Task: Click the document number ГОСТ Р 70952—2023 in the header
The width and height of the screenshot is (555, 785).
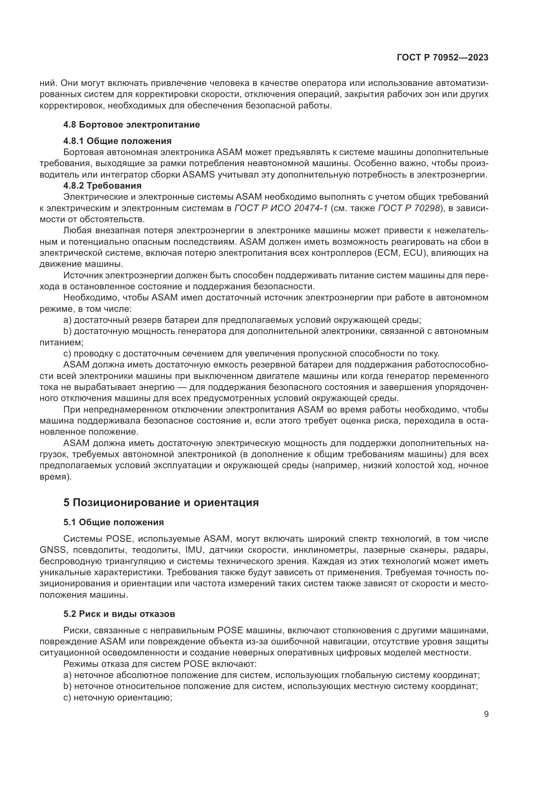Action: tap(442, 58)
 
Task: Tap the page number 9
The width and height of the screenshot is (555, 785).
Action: tap(486, 714)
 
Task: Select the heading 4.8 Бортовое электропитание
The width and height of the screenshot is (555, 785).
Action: tap(131, 125)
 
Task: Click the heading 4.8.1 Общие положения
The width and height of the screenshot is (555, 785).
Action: tap(117, 141)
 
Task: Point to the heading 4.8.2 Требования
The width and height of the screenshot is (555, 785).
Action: tap(102, 186)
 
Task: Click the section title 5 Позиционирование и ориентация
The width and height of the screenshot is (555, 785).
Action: tap(161, 503)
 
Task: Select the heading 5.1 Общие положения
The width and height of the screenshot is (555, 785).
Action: tap(113, 522)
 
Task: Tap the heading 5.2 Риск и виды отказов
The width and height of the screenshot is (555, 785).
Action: tap(119, 614)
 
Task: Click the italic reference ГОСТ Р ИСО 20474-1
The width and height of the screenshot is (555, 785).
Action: tap(281, 208)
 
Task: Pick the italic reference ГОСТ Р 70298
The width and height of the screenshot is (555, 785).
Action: tap(409, 208)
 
